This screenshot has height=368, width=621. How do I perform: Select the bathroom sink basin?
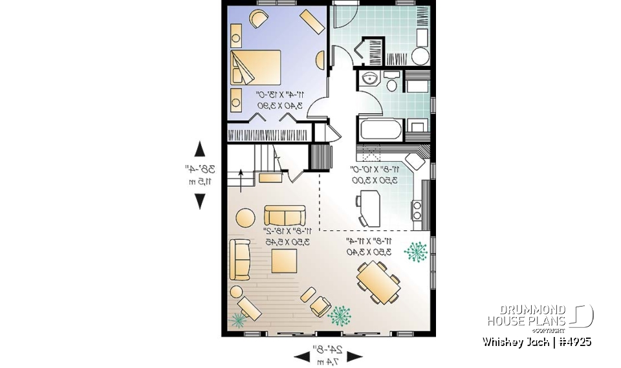369,80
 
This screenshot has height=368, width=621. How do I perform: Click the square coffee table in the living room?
284,261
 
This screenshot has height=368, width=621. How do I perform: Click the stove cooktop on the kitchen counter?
417,210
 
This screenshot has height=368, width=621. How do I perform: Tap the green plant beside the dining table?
416,251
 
